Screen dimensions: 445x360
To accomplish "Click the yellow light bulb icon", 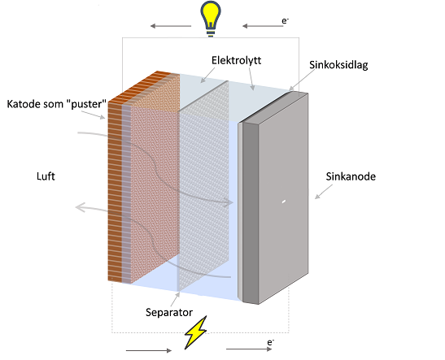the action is pyautogui.click(x=211, y=19).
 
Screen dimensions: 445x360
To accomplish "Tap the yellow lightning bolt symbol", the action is pyautogui.click(x=195, y=332).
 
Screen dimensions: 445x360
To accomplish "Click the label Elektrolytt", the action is pyautogui.click(x=236, y=60).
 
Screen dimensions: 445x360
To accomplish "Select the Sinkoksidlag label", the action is pyautogui.click(x=338, y=65).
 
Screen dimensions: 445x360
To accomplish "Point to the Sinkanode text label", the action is pyautogui.click(x=351, y=176).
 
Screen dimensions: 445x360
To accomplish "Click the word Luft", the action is pyautogui.click(x=46, y=176).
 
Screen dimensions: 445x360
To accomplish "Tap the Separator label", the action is pyautogui.click(x=169, y=312).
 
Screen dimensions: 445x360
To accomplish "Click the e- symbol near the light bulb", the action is pyautogui.click(x=285, y=20).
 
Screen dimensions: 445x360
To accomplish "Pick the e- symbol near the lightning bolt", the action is pyautogui.click(x=271, y=342).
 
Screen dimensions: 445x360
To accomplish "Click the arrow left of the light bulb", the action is pyautogui.click(x=171, y=26).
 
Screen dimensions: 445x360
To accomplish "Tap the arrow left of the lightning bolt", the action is pyautogui.click(x=149, y=350).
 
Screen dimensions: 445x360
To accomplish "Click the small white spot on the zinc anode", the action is pyautogui.click(x=283, y=202).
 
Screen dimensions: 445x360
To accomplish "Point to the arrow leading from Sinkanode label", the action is pyautogui.click(x=324, y=192).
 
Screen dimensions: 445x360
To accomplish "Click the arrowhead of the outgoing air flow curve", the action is pyautogui.click(x=81, y=207).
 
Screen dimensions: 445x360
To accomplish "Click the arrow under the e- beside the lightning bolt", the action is pyautogui.click(x=249, y=349).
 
